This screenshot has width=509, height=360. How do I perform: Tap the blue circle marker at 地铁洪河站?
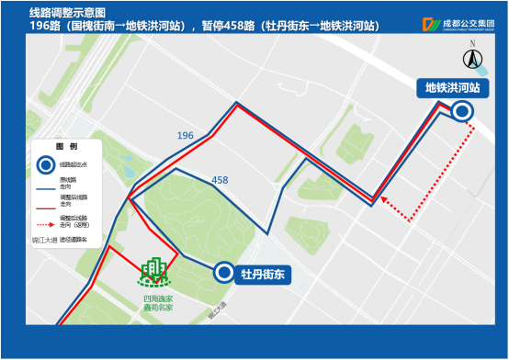tap(462, 111)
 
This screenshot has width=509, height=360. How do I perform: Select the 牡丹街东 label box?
tap(260, 273)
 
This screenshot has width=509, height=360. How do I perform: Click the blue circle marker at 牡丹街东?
tap(223, 272)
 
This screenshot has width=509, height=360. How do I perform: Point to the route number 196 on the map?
tap(186, 136)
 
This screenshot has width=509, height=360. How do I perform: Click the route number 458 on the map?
tap(220, 180)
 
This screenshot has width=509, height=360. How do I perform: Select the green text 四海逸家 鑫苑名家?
tap(157, 302)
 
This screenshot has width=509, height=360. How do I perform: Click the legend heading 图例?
tap(66, 147)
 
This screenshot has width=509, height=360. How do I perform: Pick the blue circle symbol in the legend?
tap(45, 164)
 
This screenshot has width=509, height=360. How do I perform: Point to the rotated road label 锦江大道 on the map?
tap(217, 312)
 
